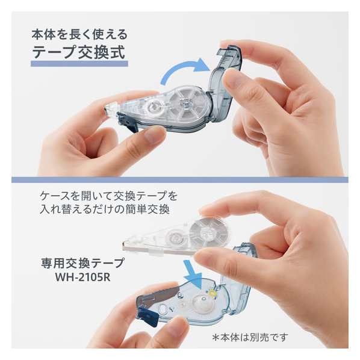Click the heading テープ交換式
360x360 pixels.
[x=78, y=52]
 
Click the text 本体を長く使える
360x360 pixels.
[x=79, y=34]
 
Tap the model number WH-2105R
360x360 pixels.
[x=82, y=277]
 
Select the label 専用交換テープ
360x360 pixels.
[x=83, y=263]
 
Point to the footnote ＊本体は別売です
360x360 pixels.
[x=250, y=337]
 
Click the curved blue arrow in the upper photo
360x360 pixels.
[x=184, y=69]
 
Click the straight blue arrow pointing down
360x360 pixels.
[x=193, y=275]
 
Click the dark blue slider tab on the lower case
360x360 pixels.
[x=148, y=315]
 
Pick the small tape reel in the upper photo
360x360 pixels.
[x=154, y=107]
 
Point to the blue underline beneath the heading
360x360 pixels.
[x=79, y=64]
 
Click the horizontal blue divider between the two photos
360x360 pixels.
[x=180, y=179]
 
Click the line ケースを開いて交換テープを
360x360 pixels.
[x=108, y=196]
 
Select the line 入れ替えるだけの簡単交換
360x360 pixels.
[x=105, y=209]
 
